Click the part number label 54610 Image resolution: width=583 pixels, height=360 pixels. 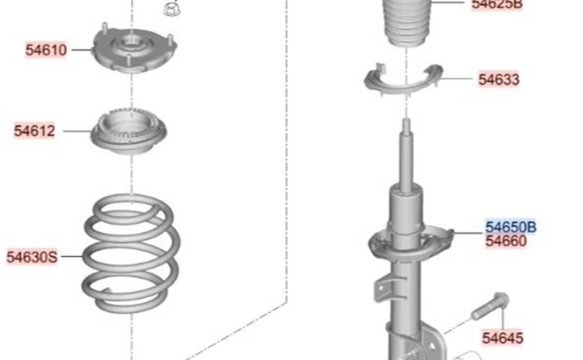pyautogui.click(x=46, y=50)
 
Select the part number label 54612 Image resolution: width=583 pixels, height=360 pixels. pyautogui.click(x=35, y=131)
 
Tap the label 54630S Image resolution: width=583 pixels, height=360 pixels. pyautogui.click(x=32, y=257)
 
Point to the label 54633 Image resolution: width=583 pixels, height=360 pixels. pyautogui.click(x=499, y=79)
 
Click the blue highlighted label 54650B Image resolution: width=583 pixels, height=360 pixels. pyautogui.click(x=511, y=227)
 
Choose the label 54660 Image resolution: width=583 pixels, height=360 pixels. pyautogui.click(x=506, y=241)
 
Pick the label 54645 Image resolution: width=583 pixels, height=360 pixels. pyautogui.click(x=502, y=338)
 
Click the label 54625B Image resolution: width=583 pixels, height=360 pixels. pyautogui.click(x=497, y=4)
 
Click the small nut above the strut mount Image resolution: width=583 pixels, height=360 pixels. pyautogui.click(x=171, y=9)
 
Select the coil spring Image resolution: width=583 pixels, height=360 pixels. pyautogui.click(x=131, y=253)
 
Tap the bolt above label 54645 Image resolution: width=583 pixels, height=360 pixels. pyautogui.click(x=490, y=306)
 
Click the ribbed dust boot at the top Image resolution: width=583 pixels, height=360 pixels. pyautogui.click(x=407, y=23)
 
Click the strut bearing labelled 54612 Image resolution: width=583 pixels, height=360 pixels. pyautogui.click(x=129, y=131)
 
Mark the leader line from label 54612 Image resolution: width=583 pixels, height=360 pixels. pyautogui.click(x=77, y=131)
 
